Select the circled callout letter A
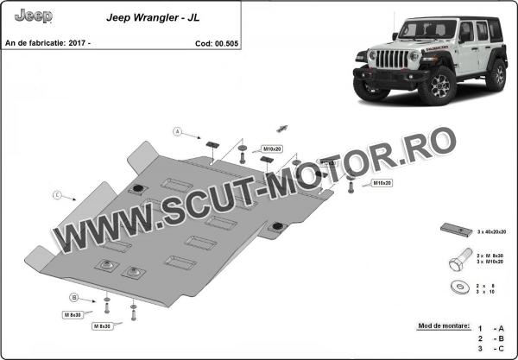176,132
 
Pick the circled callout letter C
57,195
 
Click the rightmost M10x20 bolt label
382,184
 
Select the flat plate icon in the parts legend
455,231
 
